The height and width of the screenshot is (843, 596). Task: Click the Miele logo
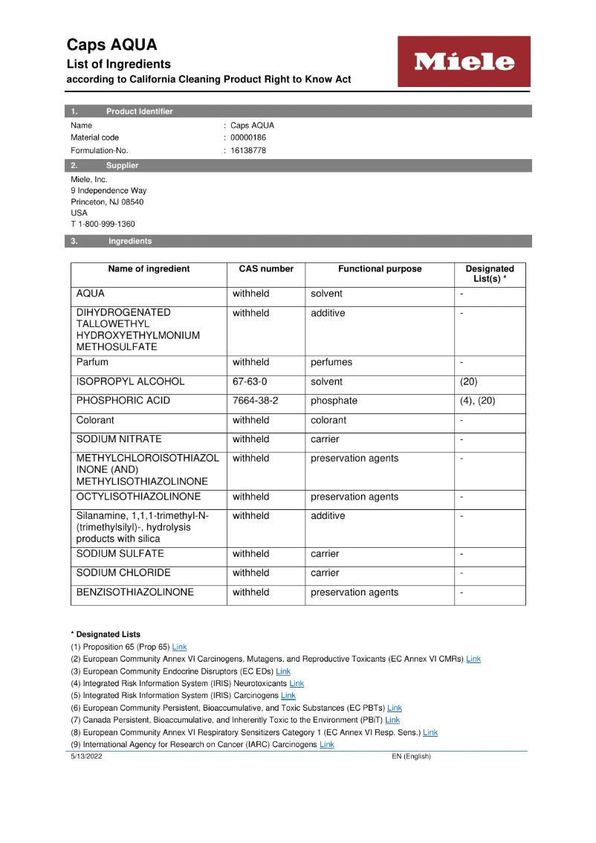point(464,62)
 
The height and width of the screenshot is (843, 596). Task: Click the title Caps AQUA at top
point(111,45)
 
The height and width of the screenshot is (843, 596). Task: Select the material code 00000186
point(248,138)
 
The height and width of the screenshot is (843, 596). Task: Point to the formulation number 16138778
point(248,150)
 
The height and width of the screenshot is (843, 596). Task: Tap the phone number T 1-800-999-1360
point(103,224)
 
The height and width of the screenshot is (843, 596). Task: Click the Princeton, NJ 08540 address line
point(107,201)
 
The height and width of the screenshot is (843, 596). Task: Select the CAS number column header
point(266,269)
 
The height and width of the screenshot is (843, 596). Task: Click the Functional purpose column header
point(380,269)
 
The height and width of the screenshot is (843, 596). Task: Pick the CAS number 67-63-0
point(250,381)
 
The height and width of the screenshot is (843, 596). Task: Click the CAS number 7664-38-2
point(255,401)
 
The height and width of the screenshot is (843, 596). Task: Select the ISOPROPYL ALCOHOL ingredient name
point(130,381)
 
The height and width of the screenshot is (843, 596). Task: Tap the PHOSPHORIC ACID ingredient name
point(123,401)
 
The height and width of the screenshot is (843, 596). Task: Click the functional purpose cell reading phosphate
point(334,401)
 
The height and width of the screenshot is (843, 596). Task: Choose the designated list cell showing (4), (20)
point(478,401)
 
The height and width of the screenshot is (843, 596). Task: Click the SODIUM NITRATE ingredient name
point(118,439)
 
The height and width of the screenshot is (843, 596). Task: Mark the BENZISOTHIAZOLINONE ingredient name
point(135,592)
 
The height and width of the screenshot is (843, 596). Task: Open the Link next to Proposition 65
point(179,647)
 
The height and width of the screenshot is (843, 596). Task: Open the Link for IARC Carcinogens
point(326,745)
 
